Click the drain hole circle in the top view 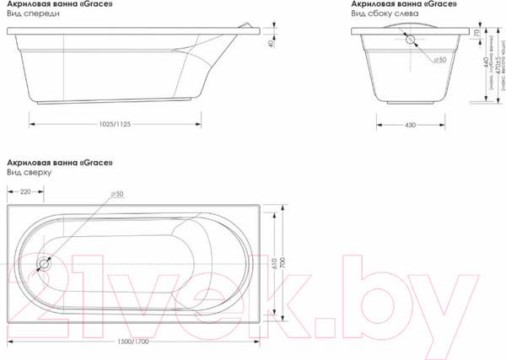point(43,262)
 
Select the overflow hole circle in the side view point(411,38)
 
